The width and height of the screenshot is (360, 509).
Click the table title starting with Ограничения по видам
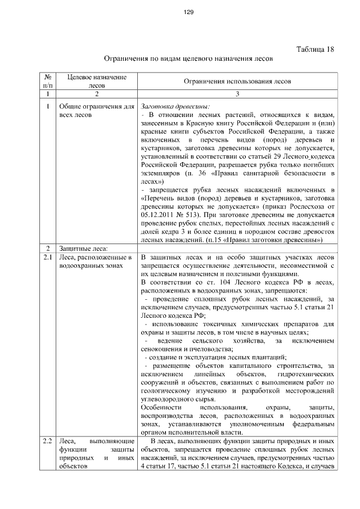(189, 58)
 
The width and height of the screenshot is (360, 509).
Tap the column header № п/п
(48, 81)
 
